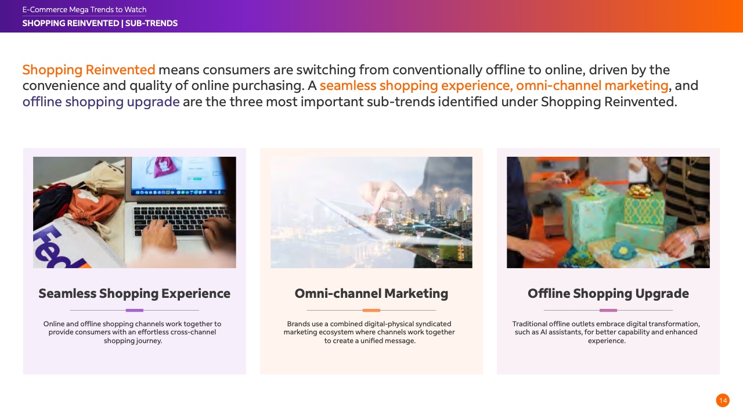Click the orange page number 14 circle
(x=723, y=401)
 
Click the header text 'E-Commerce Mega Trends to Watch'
(x=84, y=10)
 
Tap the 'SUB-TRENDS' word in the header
(x=152, y=23)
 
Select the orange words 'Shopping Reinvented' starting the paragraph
(x=89, y=70)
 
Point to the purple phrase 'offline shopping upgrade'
(x=101, y=102)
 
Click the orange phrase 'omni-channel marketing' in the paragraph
(x=592, y=85)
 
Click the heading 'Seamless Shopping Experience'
(x=134, y=294)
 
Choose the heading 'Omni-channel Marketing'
(x=371, y=294)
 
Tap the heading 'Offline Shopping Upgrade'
(x=608, y=294)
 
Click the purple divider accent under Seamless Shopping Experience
(x=134, y=310)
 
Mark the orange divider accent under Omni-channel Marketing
(x=371, y=310)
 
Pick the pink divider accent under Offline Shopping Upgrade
(x=608, y=310)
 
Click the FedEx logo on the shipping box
(x=60, y=248)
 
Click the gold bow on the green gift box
(x=640, y=190)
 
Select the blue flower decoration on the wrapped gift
(x=623, y=250)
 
